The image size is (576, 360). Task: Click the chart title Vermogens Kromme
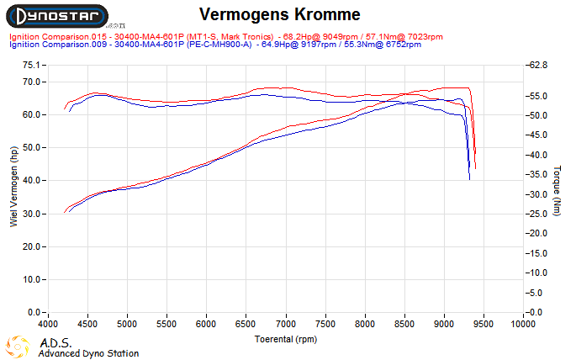pyautogui.click(x=280, y=15)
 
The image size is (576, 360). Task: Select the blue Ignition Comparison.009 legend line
pyautogui.click(x=215, y=45)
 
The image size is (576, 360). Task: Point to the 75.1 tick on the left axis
pyautogui.click(x=31, y=65)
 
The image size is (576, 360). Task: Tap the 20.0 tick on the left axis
pyautogui.click(x=31, y=246)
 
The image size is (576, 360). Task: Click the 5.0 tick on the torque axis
pyautogui.click(x=535, y=293)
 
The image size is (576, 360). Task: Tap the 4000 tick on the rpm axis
pyautogui.click(x=48, y=324)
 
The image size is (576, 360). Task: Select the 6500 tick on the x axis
pyautogui.click(x=246, y=324)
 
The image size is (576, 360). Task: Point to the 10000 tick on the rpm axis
pyautogui.click(x=523, y=324)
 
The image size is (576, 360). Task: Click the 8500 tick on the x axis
pyautogui.click(x=404, y=324)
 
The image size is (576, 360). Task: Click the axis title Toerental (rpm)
pyautogui.click(x=286, y=338)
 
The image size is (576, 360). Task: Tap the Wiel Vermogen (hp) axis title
pyautogui.click(x=13, y=187)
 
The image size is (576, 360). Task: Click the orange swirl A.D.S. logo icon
pyautogui.click(x=19, y=347)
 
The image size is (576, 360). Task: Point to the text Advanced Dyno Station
pyautogui.click(x=88, y=353)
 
